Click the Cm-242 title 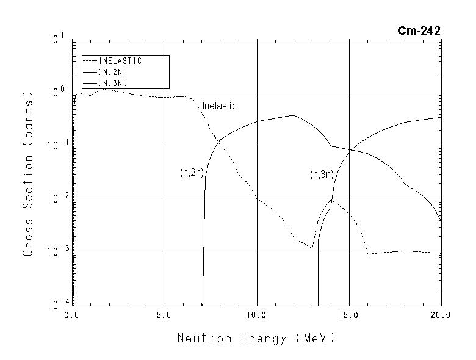click(x=419, y=30)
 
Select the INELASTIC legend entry click(x=120, y=61)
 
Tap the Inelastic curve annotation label click(x=219, y=106)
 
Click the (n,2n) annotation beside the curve click(x=191, y=173)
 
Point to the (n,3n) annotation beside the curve click(x=321, y=175)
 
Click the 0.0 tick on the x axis click(x=73, y=315)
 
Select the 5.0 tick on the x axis click(x=165, y=315)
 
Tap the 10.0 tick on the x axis click(x=257, y=315)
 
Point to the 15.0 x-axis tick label click(x=349, y=315)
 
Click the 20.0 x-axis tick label click(x=441, y=315)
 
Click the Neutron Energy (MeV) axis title click(x=256, y=337)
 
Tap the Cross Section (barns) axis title click(x=28, y=173)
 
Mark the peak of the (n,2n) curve click(x=294, y=115)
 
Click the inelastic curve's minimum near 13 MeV click(x=312, y=248)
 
